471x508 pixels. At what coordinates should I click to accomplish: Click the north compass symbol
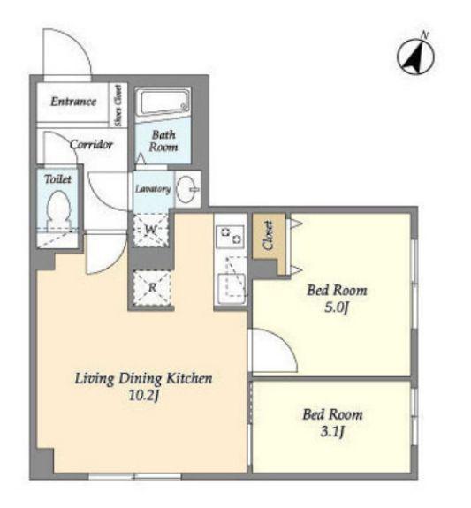(x=415, y=57)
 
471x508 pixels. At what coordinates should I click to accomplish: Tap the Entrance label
(x=73, y=102)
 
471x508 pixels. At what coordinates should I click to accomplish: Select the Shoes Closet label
(x=118, y=105)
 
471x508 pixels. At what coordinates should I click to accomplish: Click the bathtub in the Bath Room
(x=163, y=102)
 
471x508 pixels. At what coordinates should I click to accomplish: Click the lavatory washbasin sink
(x=187, y=190)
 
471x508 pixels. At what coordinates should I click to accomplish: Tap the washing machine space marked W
(x=150, y=230)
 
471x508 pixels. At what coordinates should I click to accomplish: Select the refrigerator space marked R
(x=152, y=287)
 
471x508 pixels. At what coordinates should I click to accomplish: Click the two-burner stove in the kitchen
(x=230, y=237)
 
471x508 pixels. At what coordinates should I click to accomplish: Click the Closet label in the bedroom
(x=269, y=236)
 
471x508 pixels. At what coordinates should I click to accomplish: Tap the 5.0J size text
(x=337, y=307)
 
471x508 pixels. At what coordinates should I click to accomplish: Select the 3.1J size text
(x=332, y=432)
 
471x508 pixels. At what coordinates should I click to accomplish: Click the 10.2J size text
(x=144, y=396)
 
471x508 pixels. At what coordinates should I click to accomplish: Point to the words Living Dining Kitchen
(x=144, y=379)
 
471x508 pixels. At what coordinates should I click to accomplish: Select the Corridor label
(x=91, y=144)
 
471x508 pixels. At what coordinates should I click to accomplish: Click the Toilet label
(x=58, y=179)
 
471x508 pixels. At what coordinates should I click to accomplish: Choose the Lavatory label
(x=153, y=189)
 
